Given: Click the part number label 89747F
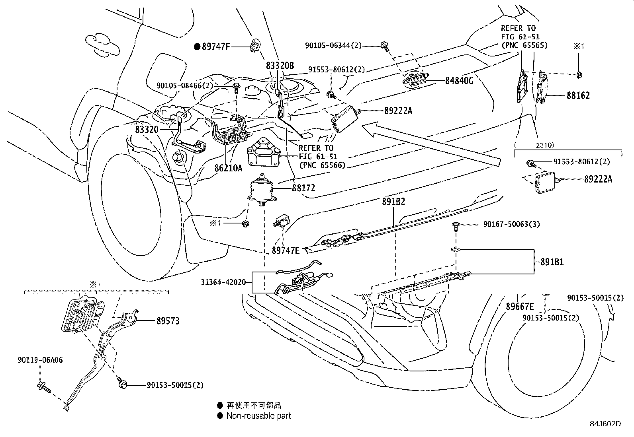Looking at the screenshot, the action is point(216,47).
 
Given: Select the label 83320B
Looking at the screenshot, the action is point(280,65).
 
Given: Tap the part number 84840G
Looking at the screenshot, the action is point(459,81).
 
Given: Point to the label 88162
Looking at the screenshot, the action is point(578,95).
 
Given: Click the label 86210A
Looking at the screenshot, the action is point(229,168).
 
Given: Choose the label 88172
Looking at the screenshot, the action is point(304,188).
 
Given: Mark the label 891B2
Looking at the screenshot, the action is point(393,202).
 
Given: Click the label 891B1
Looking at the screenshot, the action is point(552,262).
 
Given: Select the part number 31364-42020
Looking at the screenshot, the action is point(223,282).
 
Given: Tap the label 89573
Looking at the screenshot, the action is point(168,321).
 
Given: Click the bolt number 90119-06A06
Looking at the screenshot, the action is point(40,360).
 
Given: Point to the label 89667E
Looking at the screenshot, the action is point(520,306).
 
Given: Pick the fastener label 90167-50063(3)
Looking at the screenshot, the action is point(512,224).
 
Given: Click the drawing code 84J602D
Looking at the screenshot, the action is point(605,424).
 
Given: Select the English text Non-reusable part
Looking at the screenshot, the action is point(259,416).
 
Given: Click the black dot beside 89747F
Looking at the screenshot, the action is point(197,47).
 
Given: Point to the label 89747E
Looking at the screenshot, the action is point(286,251).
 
